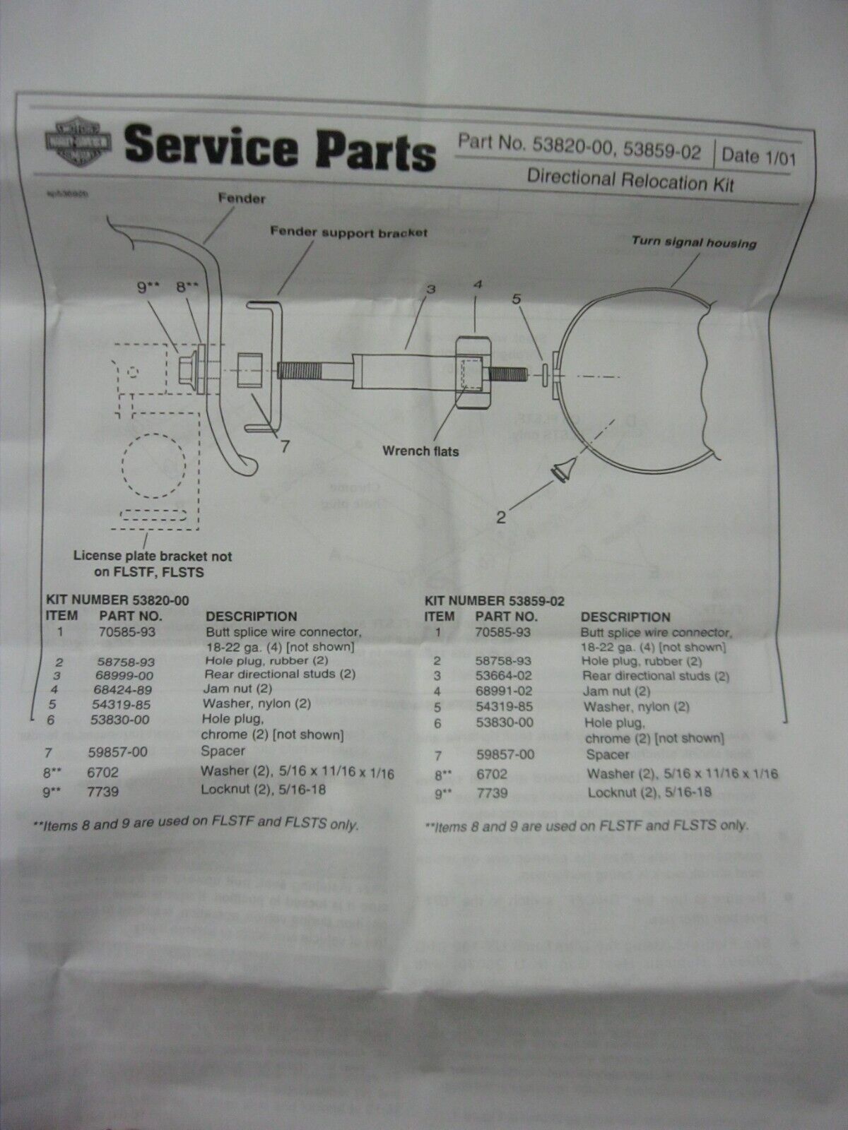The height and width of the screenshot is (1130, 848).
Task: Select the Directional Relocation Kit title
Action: (630, 179)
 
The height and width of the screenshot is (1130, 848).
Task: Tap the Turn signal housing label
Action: (693, 242)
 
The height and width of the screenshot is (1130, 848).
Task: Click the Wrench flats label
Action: (421, 450)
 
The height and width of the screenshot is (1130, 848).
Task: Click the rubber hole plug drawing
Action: (563, 470)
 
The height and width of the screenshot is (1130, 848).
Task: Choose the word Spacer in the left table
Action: (224, 751)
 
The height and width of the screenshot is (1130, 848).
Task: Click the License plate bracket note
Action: (153, 562)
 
